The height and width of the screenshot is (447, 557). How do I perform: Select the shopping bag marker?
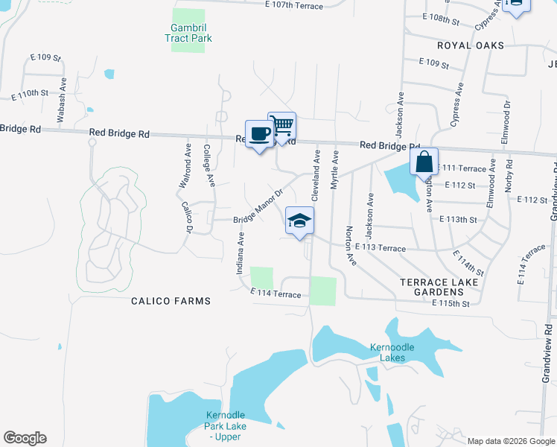(x=424, y=162)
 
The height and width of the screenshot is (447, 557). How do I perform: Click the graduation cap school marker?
(x=299, y=221)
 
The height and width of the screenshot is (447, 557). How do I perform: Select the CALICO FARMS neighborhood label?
(x=171, y=301)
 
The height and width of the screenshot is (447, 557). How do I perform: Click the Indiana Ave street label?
(x=241, y=253)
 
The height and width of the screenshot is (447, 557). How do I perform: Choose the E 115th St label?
(x=451, y=304)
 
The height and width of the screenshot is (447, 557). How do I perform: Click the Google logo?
(x=25, y=438)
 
